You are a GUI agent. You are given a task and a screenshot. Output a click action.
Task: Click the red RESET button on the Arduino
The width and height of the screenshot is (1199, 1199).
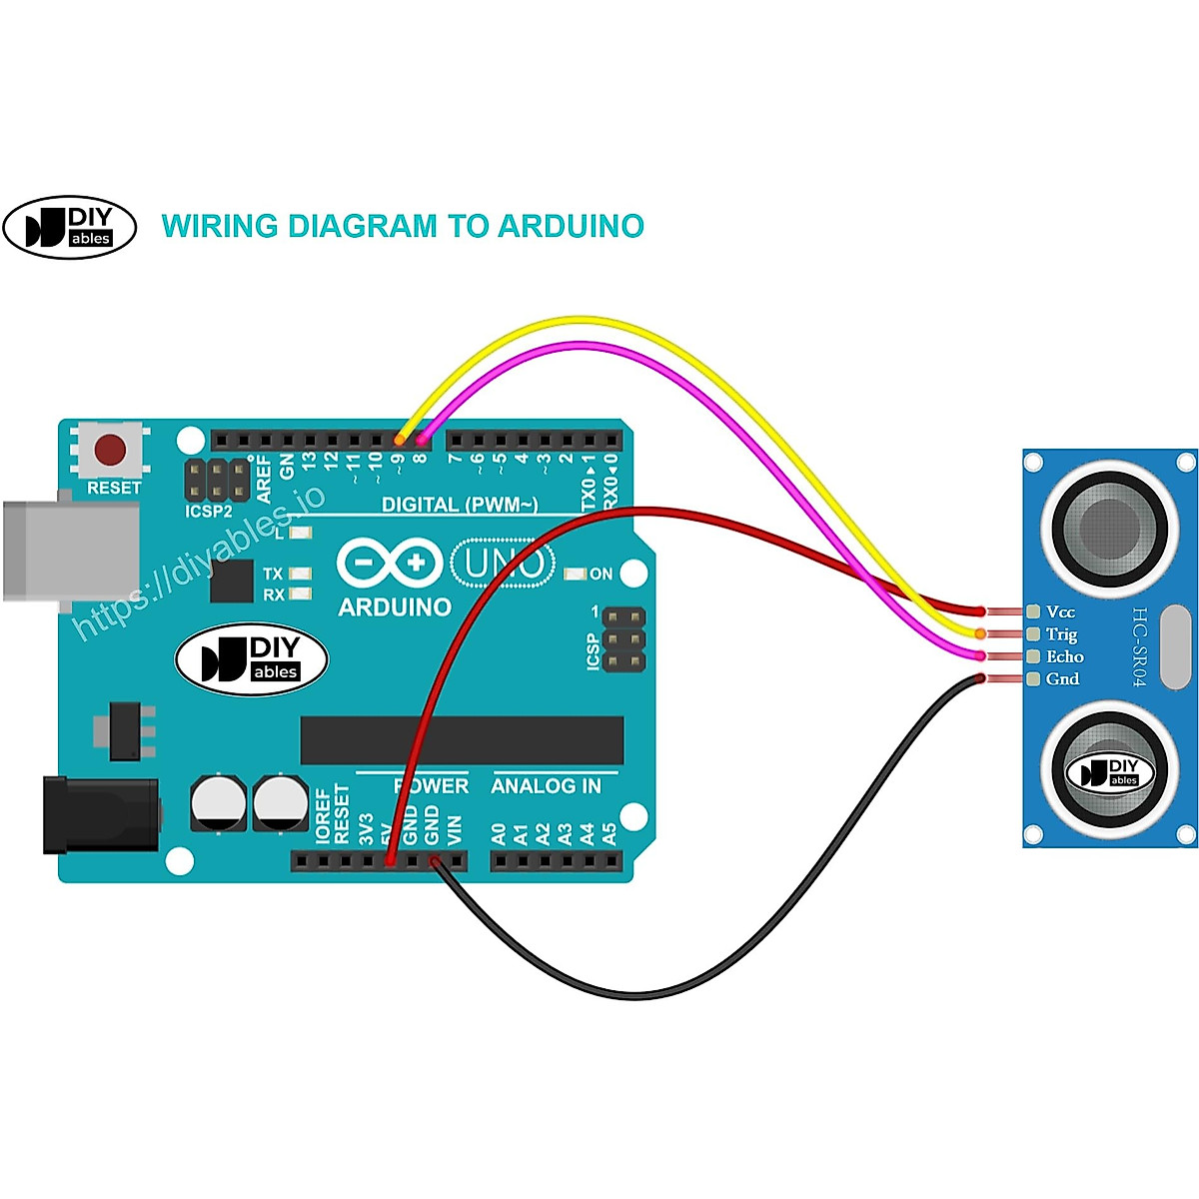[110, 451]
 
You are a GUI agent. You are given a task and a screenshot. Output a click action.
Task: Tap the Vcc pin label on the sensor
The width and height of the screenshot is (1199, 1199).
[1060, 611]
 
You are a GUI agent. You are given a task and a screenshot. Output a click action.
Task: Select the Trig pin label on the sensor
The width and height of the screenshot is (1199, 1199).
[1061, 634]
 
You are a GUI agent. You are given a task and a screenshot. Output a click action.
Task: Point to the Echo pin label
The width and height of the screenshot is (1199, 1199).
[1064, 656]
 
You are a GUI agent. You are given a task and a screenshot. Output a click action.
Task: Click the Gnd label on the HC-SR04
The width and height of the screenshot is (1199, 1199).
[1062, 679]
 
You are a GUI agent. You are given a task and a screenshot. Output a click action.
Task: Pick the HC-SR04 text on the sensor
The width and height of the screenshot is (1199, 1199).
[1140, 646]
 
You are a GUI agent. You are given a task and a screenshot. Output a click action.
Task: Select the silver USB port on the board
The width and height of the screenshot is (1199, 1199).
[70, 551]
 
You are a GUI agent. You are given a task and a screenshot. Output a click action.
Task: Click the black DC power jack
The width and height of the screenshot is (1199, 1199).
[100, 815]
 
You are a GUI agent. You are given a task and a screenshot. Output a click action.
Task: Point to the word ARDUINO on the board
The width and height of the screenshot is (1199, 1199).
[395, 606]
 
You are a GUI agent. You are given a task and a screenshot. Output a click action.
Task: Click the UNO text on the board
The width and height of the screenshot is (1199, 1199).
[503, 565]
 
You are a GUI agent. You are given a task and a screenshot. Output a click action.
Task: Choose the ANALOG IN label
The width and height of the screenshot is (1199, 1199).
[546, 786]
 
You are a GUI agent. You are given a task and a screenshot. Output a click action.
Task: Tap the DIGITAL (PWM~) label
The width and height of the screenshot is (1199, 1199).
[460, 505]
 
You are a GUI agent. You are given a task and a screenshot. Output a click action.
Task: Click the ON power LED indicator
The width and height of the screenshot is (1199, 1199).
[576, 574]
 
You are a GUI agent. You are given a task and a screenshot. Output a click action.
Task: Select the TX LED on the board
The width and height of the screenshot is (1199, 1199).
[298, 574]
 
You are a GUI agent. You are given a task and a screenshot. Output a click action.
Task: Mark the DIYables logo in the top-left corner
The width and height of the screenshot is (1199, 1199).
[70, 227]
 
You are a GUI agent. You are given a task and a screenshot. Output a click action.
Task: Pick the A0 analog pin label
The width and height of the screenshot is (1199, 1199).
[499, 833]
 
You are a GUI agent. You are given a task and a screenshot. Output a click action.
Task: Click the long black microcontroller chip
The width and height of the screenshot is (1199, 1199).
[462, 740]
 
